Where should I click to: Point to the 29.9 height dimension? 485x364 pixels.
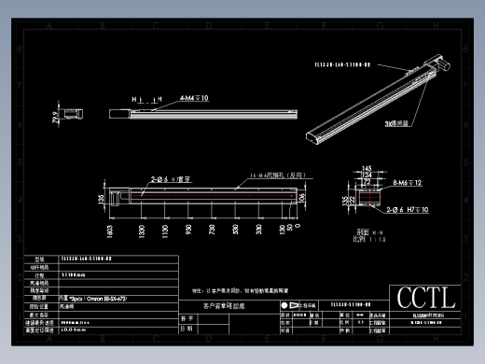point(55,117)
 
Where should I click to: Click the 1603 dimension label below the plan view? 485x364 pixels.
point(110,231)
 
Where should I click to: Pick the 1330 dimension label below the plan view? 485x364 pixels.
point(141,231)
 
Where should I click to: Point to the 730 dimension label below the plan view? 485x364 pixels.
point(210,231)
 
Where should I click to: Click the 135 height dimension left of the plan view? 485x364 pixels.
point(102,197)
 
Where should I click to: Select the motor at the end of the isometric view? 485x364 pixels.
point(440,65)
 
